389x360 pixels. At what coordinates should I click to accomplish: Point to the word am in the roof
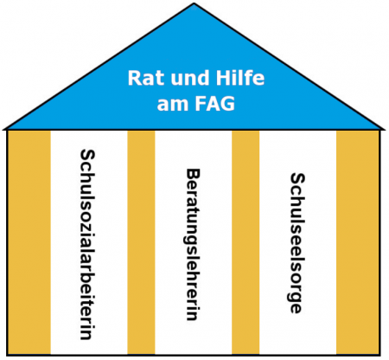pos(171,105)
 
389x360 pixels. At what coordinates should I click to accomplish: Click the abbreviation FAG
pos(214,103)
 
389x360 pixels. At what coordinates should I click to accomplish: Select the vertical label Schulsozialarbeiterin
pos(87,244)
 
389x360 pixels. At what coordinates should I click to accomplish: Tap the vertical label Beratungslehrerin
pos(193,245)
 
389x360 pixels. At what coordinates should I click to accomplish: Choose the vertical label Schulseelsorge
pos(297,243)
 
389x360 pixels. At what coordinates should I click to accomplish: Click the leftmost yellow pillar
pos(29,242)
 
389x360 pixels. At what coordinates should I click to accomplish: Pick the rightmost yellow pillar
pos(358,242)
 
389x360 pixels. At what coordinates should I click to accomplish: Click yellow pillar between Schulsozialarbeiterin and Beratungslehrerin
pos(141,242)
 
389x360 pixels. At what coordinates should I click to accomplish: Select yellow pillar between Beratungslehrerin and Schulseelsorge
pos(246,242)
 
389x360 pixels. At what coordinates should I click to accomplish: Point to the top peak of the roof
pos(194,3)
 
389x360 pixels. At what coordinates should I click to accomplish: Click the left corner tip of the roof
pos(3,129)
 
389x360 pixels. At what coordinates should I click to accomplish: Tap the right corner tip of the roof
pos(385,129)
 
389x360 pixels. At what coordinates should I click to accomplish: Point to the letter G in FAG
pos(227,104)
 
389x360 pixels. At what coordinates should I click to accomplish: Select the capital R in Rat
pos(134,78)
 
